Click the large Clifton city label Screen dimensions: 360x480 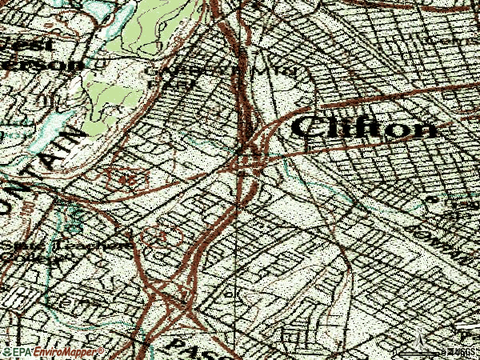[364, 126]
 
